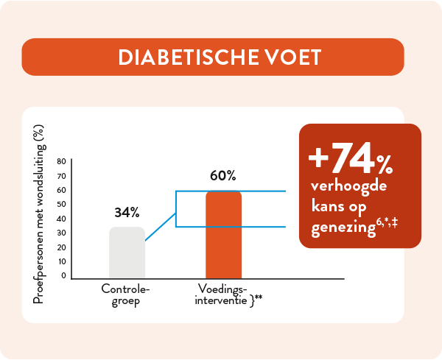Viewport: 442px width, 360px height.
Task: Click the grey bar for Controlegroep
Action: coord(127,253)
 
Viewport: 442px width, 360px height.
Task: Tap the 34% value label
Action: coord(127,213)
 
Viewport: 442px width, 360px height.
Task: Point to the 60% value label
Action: coord(222,175)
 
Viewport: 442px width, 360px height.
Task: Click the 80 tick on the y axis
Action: coord(62,161)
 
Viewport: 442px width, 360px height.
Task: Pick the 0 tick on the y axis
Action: coord(63,275)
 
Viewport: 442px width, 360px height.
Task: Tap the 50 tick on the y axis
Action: coord(62,204)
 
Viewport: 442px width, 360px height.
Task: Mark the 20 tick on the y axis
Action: coord(62,247)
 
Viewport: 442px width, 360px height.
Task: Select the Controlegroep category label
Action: coord(121,294)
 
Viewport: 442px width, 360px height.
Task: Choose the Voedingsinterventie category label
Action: coord(222,294)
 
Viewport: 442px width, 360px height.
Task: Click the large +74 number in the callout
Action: coord(339,157)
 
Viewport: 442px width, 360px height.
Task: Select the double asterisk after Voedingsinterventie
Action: coord(259,297)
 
